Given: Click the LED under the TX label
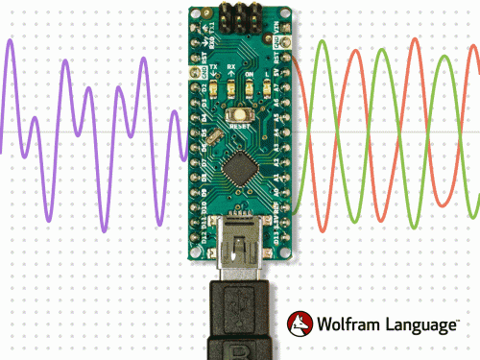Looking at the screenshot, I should pos(215,89).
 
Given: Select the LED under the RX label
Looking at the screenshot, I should pos(231,89).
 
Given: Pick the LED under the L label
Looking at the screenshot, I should pos(264,89).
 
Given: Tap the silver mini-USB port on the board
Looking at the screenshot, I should pos(239,246).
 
